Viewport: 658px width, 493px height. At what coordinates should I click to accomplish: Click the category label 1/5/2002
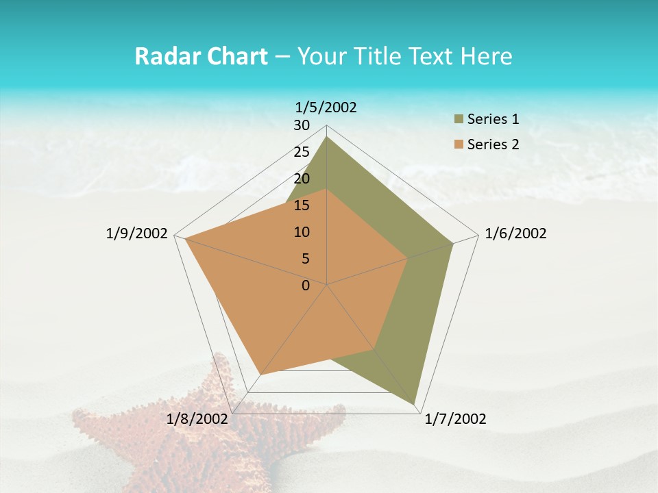pos(326,107)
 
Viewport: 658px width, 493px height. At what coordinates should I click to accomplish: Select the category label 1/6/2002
pos(515,233)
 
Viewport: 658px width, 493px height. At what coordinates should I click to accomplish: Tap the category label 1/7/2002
pos(455,419)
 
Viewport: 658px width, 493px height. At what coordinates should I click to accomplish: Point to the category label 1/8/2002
pos(197,419)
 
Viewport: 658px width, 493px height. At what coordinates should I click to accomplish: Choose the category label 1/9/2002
pos(136,233)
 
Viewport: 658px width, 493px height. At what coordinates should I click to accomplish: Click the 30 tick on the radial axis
pos(302,125)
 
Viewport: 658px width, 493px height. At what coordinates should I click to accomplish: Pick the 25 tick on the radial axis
pos(302,152)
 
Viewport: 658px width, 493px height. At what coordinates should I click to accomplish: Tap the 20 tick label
pos(302,179)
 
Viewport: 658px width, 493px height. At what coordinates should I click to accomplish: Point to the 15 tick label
pos(302,205)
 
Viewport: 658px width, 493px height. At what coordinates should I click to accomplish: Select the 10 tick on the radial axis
pos(302,232)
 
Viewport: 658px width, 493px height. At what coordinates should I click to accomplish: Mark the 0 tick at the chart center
pos(306,286)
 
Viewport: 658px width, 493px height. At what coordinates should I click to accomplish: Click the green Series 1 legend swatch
pos(459,120)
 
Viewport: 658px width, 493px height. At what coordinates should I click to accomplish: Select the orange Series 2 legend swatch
pos(459,144)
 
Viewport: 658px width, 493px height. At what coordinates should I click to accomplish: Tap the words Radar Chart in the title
pos(201,57)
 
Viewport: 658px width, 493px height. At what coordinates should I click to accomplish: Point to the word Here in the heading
pos(487,57)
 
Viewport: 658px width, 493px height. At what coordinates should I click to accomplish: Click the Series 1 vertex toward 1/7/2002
pos(415,404)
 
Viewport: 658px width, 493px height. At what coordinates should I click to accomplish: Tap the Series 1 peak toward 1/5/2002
pos(327,137)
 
